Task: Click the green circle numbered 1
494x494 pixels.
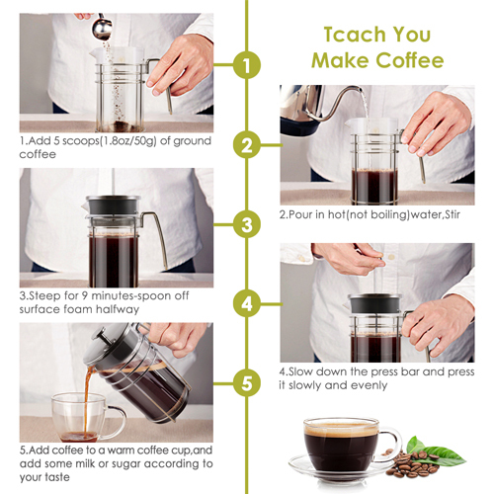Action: [x=247, y=65]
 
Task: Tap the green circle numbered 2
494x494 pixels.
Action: [x=247, y=145]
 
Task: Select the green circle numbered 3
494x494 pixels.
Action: [x=247, y=224]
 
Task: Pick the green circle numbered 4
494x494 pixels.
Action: [x=247, y=303]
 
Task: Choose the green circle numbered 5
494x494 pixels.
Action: [x=247, y=383]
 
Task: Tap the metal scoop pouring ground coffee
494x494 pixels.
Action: [x=102, y=28]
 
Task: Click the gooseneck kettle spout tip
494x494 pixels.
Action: [x=361, y=88]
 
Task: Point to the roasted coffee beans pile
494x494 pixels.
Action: [x=413, y=463]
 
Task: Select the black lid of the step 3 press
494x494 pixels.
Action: [x=113, y=206]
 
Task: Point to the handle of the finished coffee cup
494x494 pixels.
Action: [x=392, y=443]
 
